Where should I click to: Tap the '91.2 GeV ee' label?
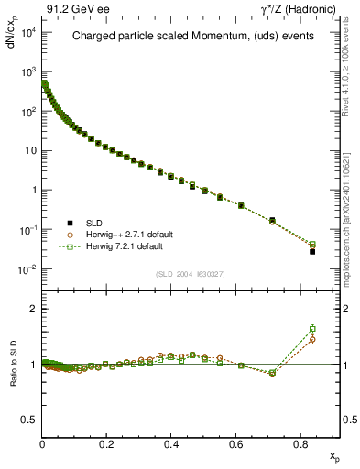(x=72, y=8)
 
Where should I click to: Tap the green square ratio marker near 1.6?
(x=312, y=329)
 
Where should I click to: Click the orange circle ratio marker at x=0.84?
(x=312, y=340)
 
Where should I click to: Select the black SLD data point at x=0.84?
(x=312, y=251)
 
